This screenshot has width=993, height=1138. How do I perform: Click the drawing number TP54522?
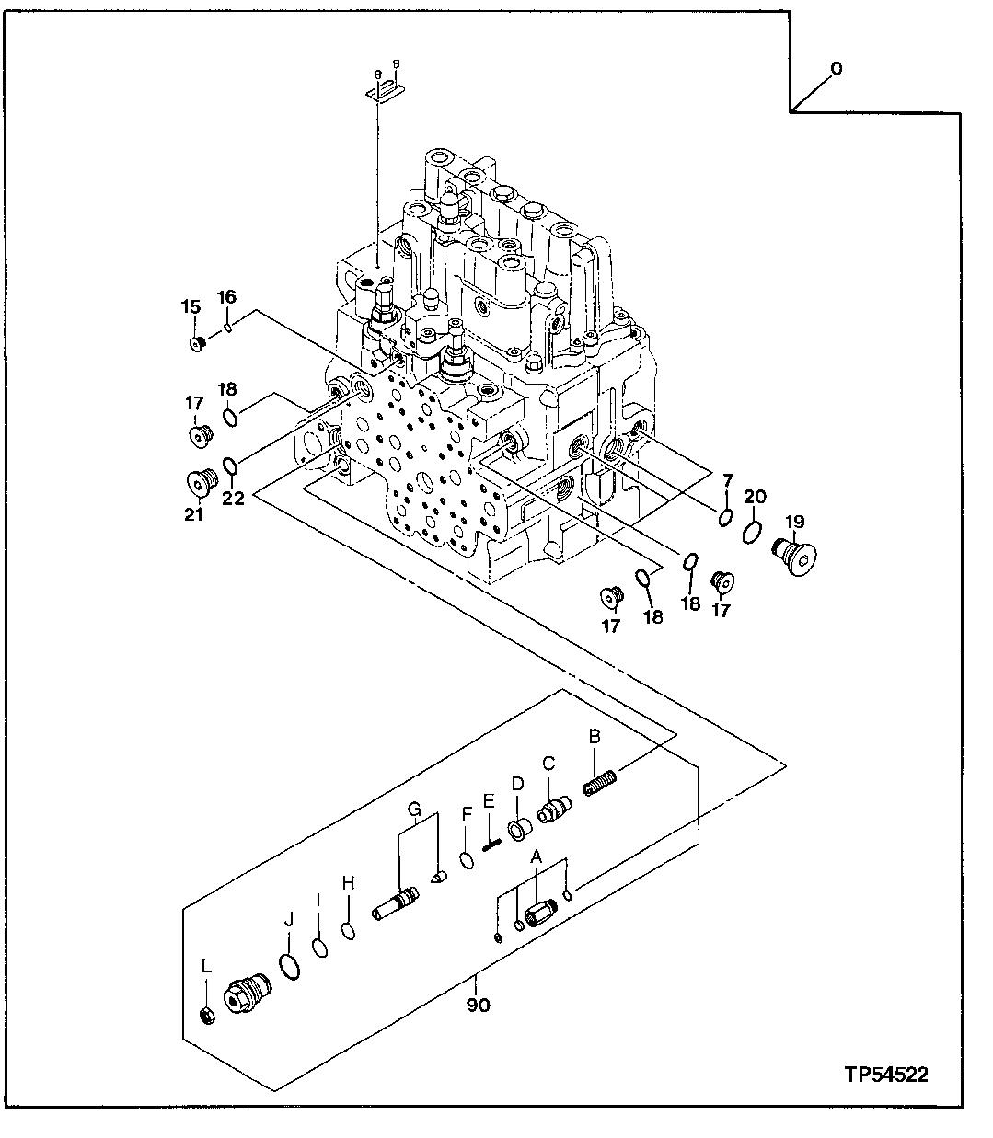click(x=886, y=1074)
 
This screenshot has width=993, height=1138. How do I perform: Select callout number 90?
click(x=478, y=1004)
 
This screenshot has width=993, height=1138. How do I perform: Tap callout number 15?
click(x=190, y=306)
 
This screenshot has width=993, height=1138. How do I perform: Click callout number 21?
click(x=192, y=514)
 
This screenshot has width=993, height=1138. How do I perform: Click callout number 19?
click(x=793, y=522)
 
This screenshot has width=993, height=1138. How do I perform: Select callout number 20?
click(x=755, y=497)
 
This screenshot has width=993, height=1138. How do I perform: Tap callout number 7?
click(x=726, y=480)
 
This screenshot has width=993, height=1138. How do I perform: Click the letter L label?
click(x=206, y=966)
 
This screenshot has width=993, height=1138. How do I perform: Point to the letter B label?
click(x=595, y=736)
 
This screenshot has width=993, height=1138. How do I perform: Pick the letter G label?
click(x=415, y=809)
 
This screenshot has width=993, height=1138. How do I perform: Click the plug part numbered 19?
click(x=797, y=556)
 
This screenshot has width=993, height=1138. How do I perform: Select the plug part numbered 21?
click(x=200, y=482)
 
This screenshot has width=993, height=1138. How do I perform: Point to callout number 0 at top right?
click(x=836, y=68)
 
